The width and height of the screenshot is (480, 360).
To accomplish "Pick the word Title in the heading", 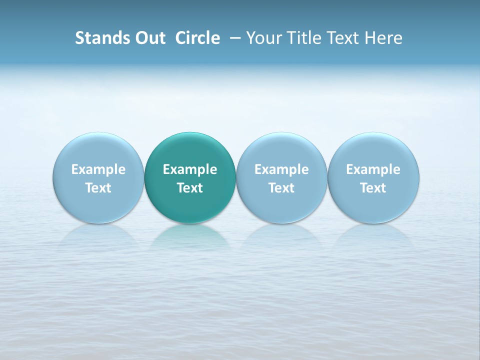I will pos(302,38).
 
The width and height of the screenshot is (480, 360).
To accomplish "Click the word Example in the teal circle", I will pos(190,169).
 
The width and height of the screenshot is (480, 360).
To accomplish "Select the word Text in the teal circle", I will pos(190,188).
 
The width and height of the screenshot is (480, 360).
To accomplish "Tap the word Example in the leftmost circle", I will pos(98,169).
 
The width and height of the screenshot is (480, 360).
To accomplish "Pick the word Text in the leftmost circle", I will pos(98,188).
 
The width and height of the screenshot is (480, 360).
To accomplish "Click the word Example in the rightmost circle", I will pos(373,169).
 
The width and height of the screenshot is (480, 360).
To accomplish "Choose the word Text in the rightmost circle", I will pos(373,188).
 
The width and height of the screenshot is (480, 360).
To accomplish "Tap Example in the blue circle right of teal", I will pos(281,169).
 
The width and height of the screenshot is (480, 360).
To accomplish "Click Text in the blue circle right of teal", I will pos(281,188).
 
